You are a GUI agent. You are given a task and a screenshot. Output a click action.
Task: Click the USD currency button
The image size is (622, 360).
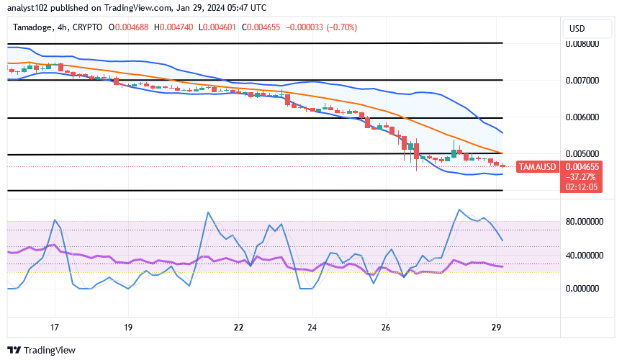coord(577,28)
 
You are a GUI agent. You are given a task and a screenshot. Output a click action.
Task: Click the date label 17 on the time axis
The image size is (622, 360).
coord(55,328)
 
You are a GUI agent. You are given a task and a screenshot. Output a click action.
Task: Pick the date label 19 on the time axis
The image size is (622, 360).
coord(129,328)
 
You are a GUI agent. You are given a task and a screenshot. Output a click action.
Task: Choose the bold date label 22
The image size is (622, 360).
coord(238,328)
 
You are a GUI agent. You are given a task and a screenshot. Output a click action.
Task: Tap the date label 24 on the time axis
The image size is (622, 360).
coord(312,328)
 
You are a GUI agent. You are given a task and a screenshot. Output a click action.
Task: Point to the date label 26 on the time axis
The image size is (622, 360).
coord(386,328)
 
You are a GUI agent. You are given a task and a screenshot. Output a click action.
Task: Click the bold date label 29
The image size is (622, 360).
coord(495,328)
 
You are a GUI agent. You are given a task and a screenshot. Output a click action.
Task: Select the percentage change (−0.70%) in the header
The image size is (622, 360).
coord(341,27)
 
